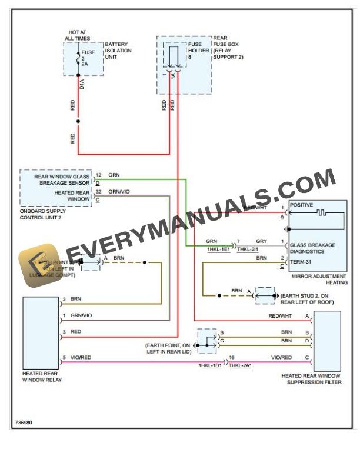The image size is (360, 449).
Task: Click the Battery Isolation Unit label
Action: (118, 51)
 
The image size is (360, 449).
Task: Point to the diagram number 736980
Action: (24, 422)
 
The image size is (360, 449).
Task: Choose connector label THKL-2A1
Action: (240, 366)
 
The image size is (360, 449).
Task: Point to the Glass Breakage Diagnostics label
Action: (312, 248)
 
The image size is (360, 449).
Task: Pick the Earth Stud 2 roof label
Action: (307, 298)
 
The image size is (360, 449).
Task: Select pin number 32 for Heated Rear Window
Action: (98, 192)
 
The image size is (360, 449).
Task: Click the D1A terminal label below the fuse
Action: (82, 84)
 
